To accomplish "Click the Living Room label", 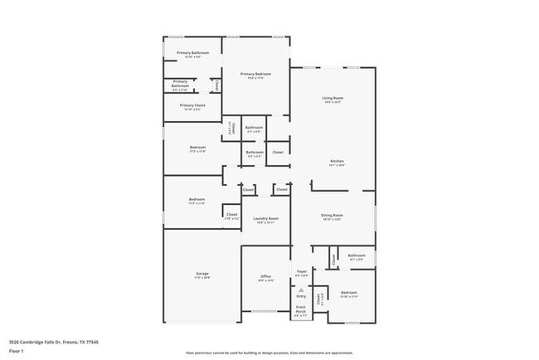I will (x=333, y=98).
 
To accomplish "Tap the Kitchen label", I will (x=337, y=161).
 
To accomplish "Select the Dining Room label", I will (x=332, y=215).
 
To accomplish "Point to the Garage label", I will (x=202, y=275).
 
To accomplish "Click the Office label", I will (x=265, y=276).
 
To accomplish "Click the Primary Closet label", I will (x=192, y=105).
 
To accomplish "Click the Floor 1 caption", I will (x=16, y=351).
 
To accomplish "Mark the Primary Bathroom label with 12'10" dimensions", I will (x=192, y=53).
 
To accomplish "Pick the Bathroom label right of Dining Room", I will (x=357, y=255).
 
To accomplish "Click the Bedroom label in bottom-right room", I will (x=349, y=293).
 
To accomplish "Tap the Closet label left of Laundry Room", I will (x=231, y=216).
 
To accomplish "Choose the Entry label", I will (x=301, y=296).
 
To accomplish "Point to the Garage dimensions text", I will (x=202, y=278).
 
